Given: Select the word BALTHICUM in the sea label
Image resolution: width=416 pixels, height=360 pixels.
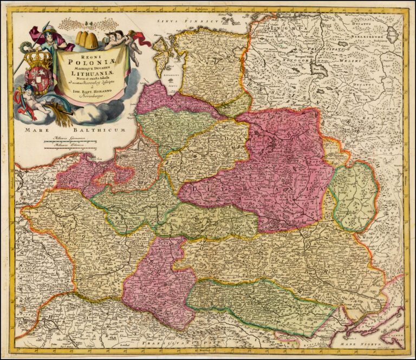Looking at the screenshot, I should [x=103, y=131].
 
